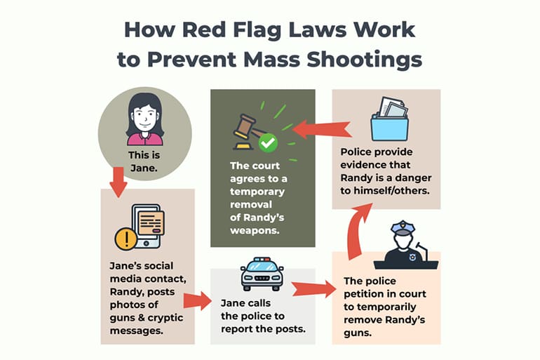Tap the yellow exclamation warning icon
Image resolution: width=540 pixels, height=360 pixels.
126,240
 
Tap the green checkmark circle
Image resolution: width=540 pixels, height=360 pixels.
267,144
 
